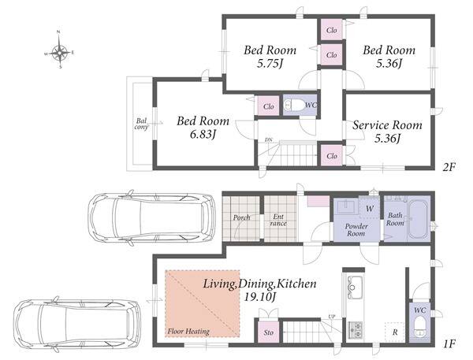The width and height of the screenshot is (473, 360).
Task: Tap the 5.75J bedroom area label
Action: coord(270,64)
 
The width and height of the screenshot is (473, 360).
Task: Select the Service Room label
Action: coord(387,125)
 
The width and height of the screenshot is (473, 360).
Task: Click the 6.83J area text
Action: coord(203,135)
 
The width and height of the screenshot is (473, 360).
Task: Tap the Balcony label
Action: coord(141,124)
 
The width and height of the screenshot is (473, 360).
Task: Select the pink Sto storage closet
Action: coord(269,332)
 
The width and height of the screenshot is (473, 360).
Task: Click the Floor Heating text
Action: coord(188,332)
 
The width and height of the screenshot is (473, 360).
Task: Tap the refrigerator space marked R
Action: coord(395,332)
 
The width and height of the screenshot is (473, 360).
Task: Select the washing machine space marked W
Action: coord(369,208)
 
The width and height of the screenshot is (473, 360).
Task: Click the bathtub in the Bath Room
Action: coord(418,219)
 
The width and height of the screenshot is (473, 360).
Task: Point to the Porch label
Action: coord(241,217)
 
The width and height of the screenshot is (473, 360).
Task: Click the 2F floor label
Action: coord(449,167)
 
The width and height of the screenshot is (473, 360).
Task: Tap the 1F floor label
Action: coord(449,343)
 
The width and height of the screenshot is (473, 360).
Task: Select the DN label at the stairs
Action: coord(267,140)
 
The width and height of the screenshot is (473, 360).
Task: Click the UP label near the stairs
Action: coord(332,317)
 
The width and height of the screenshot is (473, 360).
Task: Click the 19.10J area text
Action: coord(260,297)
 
